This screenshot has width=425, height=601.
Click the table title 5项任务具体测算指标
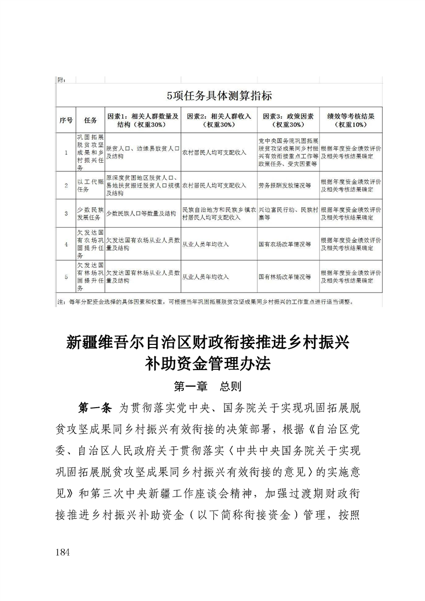pos(220,96)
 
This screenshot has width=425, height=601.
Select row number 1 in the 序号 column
pos(65,153)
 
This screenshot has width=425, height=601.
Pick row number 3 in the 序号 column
pos(65,213)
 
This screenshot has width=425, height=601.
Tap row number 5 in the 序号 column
pos(65,276)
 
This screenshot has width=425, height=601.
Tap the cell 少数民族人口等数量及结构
pos(141,213)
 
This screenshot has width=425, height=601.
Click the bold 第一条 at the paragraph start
pos(94,408)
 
